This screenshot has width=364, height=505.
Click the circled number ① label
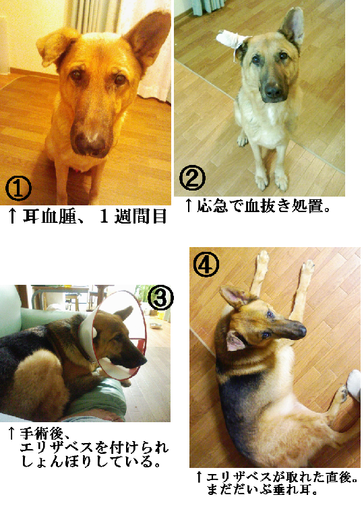pyautogui.click(x=18, y=189)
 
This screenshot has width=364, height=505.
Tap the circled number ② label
pyautogui.click(x=192, y=178)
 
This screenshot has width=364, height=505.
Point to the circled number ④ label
pyautogui.click(x=206, y=264)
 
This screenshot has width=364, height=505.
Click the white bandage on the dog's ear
pyautogui.click(x=231, y=42)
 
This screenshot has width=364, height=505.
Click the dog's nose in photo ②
pyautogui.click(x=273, y=91)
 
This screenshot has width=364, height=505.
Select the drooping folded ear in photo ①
pyautogui.click(x=55, y=46)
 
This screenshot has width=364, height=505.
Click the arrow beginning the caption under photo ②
pyautogui.click(x=189, y=205)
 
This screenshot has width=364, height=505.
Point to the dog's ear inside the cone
pyautogui.click(x=124, y=312)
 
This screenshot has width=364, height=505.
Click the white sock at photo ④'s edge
pyautogui.click(x=354, y=384)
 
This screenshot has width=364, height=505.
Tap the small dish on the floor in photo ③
pyautogui.click(x=156, y=326)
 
